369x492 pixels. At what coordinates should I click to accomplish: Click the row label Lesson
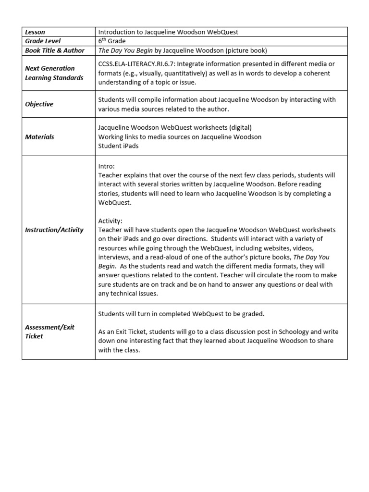[35, 32]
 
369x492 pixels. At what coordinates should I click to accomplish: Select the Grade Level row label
[43, 41]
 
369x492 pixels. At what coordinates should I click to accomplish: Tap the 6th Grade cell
[112, 41]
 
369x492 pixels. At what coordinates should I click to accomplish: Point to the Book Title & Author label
[55, 50]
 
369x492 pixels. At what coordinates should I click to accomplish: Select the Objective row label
[39, 104]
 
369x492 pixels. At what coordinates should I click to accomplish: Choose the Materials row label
[39, 137]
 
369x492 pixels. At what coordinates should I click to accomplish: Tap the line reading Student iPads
[118, 146]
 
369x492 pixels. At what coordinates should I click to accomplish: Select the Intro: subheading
[107, 166]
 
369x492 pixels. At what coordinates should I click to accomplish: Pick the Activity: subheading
[111, 221]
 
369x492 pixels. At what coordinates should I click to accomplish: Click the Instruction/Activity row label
[54, 230]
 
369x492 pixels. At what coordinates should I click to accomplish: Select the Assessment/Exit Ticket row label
[49, 332]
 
